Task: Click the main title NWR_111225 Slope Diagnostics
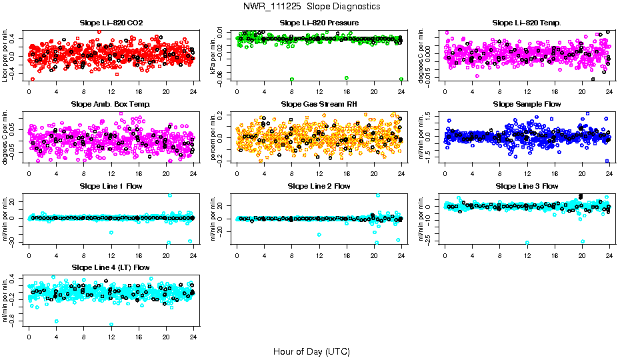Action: tap(312, 6)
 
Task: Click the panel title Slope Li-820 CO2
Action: tap(111, 23)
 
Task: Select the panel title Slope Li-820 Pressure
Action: tap(319, 23)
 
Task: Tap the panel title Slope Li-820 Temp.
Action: tap(527, 23)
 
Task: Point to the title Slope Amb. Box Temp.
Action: tap(111, 105)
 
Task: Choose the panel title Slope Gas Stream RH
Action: tap(319, 105)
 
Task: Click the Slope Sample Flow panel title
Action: tap(527, 105)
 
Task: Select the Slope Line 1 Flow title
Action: tap(111, 186)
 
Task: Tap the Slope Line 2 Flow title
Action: tap(319, 186)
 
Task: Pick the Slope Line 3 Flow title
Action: tap(527, 186)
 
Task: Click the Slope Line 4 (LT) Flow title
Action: tap(111, 267)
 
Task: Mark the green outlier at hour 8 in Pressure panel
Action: tap(292, 79)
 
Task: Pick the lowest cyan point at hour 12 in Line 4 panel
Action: tap(111, 325)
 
